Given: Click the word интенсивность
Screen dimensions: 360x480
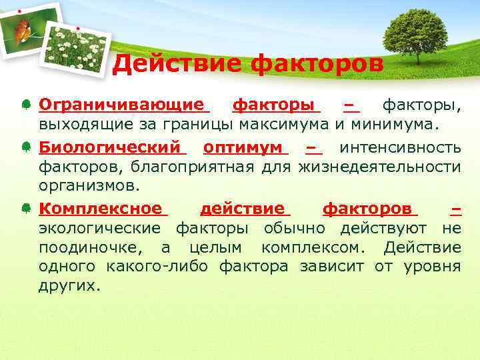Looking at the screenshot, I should coord(400,146).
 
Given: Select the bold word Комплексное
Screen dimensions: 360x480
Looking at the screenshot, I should coord(100,209).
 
